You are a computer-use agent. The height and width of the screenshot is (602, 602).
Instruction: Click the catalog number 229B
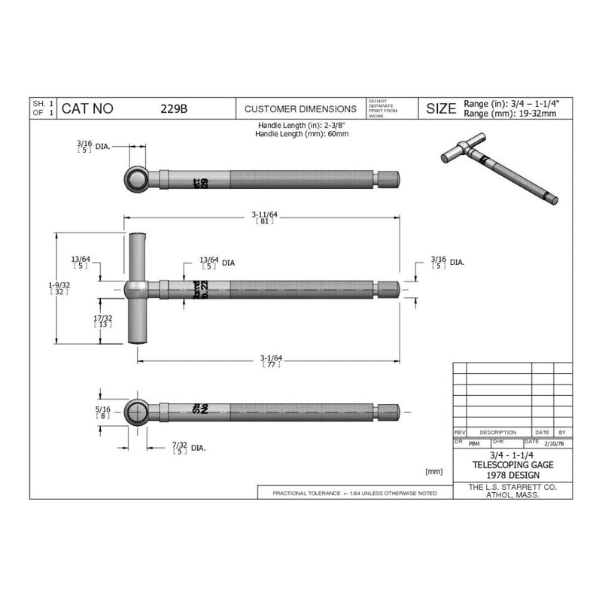(x=174, y=108)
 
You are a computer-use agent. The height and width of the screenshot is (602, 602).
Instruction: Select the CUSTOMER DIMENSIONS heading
(x=300, y=108)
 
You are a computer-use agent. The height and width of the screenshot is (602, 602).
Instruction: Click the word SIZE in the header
(x=441, y=108)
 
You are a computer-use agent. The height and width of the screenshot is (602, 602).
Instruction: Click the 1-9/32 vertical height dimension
(x=59, y=287)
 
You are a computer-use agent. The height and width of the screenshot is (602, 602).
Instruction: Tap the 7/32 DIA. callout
(x=188, y=447)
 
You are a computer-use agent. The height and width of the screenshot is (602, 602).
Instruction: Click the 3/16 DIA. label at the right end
(x=447, y=262)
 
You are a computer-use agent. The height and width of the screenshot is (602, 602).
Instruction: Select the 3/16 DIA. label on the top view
(x=93, y=144)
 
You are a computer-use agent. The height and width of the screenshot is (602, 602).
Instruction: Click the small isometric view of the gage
(x=498, y=170)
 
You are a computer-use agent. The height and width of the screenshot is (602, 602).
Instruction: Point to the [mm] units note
(x=434, y=471)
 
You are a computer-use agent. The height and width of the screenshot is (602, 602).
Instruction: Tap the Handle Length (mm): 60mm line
(x=301, y=133)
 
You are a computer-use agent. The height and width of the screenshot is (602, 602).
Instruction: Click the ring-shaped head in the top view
(x=136, y=179)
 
